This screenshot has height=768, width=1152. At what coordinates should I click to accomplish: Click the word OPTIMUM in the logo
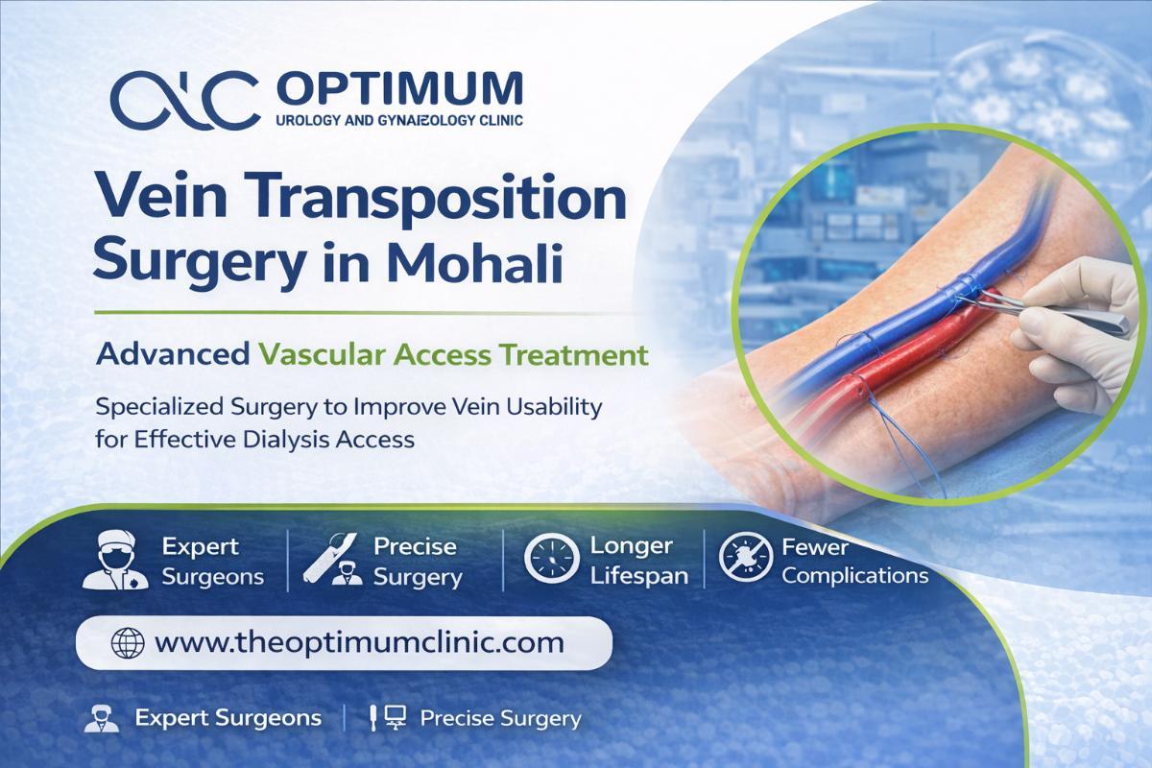coord(399,89)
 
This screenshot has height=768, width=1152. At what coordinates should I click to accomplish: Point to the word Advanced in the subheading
coord(173,354)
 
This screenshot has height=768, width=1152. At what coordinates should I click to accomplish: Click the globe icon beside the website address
coord(128,643)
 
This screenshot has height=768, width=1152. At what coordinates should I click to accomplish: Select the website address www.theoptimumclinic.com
coord(359,643)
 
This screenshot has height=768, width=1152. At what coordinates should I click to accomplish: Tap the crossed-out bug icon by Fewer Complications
coord(745,557)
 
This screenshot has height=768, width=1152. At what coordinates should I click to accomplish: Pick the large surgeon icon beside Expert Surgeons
coord(116,560)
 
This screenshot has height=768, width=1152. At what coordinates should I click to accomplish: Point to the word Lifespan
coord(638,577)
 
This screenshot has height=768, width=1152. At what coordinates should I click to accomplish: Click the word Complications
coord(854,576)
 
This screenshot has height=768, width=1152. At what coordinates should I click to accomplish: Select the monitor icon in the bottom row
coord(396,717)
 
